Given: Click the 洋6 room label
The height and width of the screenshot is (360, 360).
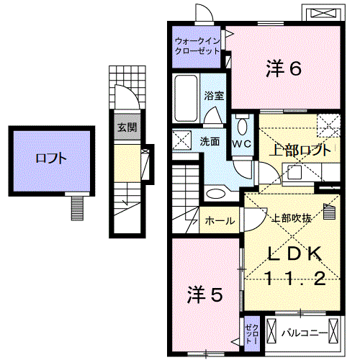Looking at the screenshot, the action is point(284,68).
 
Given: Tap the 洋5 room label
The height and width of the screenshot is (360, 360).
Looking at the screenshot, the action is point(205,294).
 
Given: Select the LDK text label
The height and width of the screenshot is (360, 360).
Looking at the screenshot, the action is point(294,253).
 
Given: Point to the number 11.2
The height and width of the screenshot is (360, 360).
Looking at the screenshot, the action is point(294,279).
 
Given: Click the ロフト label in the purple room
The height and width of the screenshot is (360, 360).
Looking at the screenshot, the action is point(51,158).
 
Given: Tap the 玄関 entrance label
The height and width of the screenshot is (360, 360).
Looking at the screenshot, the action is point(127,127).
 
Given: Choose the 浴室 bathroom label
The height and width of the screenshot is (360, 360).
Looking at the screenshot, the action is point(214,96).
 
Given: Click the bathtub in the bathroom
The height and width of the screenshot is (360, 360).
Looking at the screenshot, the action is point(186,98).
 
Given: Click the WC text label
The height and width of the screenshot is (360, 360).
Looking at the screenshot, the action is point(242,144).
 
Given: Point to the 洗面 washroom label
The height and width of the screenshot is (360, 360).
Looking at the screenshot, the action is point(210,142).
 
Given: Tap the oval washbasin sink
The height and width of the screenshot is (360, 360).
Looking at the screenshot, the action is point(216,193).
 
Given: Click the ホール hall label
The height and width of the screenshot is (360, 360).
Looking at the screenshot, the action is point(220,221).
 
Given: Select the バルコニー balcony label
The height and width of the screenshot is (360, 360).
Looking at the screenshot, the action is point(305,333).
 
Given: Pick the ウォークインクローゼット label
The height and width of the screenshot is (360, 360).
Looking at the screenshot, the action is point(197,46).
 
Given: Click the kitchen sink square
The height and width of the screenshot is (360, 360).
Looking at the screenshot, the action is point(294,172).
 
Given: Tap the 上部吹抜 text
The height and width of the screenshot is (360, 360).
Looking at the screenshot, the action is point(292,218).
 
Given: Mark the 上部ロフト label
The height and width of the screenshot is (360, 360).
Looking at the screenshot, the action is point(300,150).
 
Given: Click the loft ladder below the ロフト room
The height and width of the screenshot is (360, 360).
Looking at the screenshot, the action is point(77,208).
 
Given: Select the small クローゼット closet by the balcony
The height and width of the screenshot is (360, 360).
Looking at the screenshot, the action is point(252,334).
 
